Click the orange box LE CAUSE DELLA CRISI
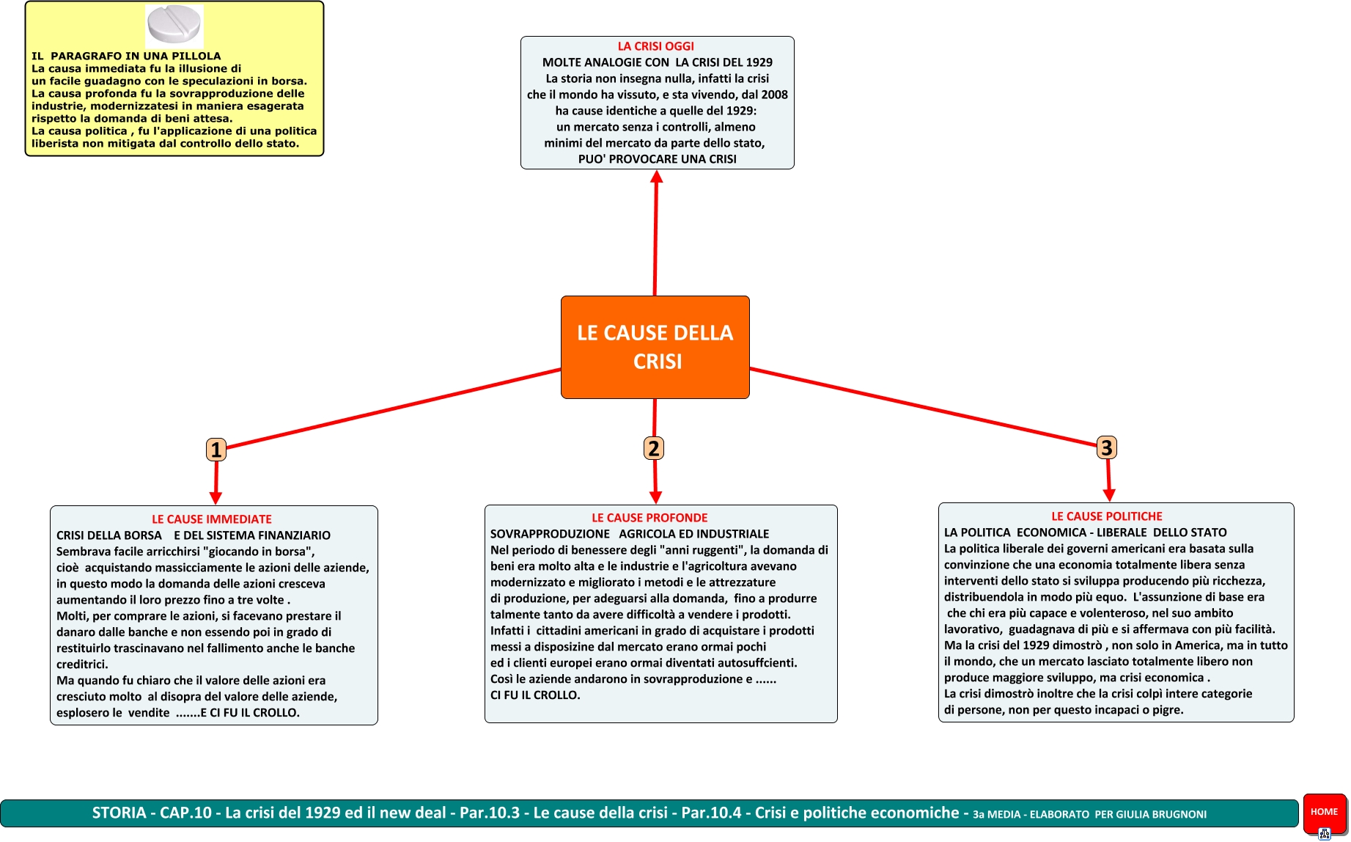tap(655, 347)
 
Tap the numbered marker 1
tap(216, 449)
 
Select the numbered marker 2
tap(653, 448)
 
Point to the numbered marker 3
tap(1106, 447)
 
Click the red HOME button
tap(1324, 812)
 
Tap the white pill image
tap(174, 25)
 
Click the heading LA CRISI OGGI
tap(655, 46)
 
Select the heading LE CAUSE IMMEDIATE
tap(211, 519)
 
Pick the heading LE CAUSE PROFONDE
tap(649, 518)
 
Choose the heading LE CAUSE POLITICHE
tap(1107, 516)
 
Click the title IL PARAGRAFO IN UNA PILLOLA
tap(126, 56)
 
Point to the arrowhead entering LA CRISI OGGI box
tap(657, 177)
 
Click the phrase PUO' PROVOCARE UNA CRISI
tap(657, 159)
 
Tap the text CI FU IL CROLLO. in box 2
tap(535, 695)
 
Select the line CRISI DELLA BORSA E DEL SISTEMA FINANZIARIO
tap(194, 535)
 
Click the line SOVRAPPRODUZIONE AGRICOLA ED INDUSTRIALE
tap(630, 534)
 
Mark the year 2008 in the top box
tap(774, 95)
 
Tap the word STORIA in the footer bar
tap(119, 813)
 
